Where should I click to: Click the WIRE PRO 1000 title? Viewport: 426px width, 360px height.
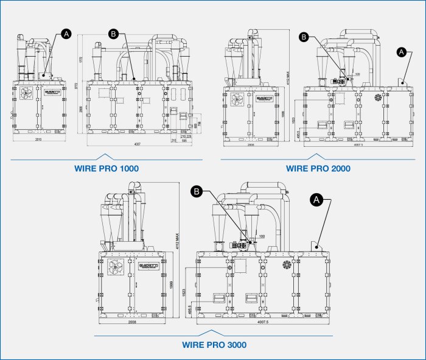(108, 168)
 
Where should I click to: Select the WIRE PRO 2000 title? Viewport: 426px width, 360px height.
(318, 168)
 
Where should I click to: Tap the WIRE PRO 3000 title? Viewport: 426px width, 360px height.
(214, 345)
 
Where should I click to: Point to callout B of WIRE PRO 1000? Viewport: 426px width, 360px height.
(113, 34)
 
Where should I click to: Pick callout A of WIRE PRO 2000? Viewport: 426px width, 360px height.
(400, 52)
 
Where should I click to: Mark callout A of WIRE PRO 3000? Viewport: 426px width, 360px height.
(317, 199)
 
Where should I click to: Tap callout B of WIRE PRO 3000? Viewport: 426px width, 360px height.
(197, 192)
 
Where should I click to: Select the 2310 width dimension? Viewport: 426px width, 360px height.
(38, 139)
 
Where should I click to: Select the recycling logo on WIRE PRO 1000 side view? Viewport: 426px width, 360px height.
(26, 93)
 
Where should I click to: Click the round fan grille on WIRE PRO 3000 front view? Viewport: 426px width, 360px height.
(287, 266)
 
